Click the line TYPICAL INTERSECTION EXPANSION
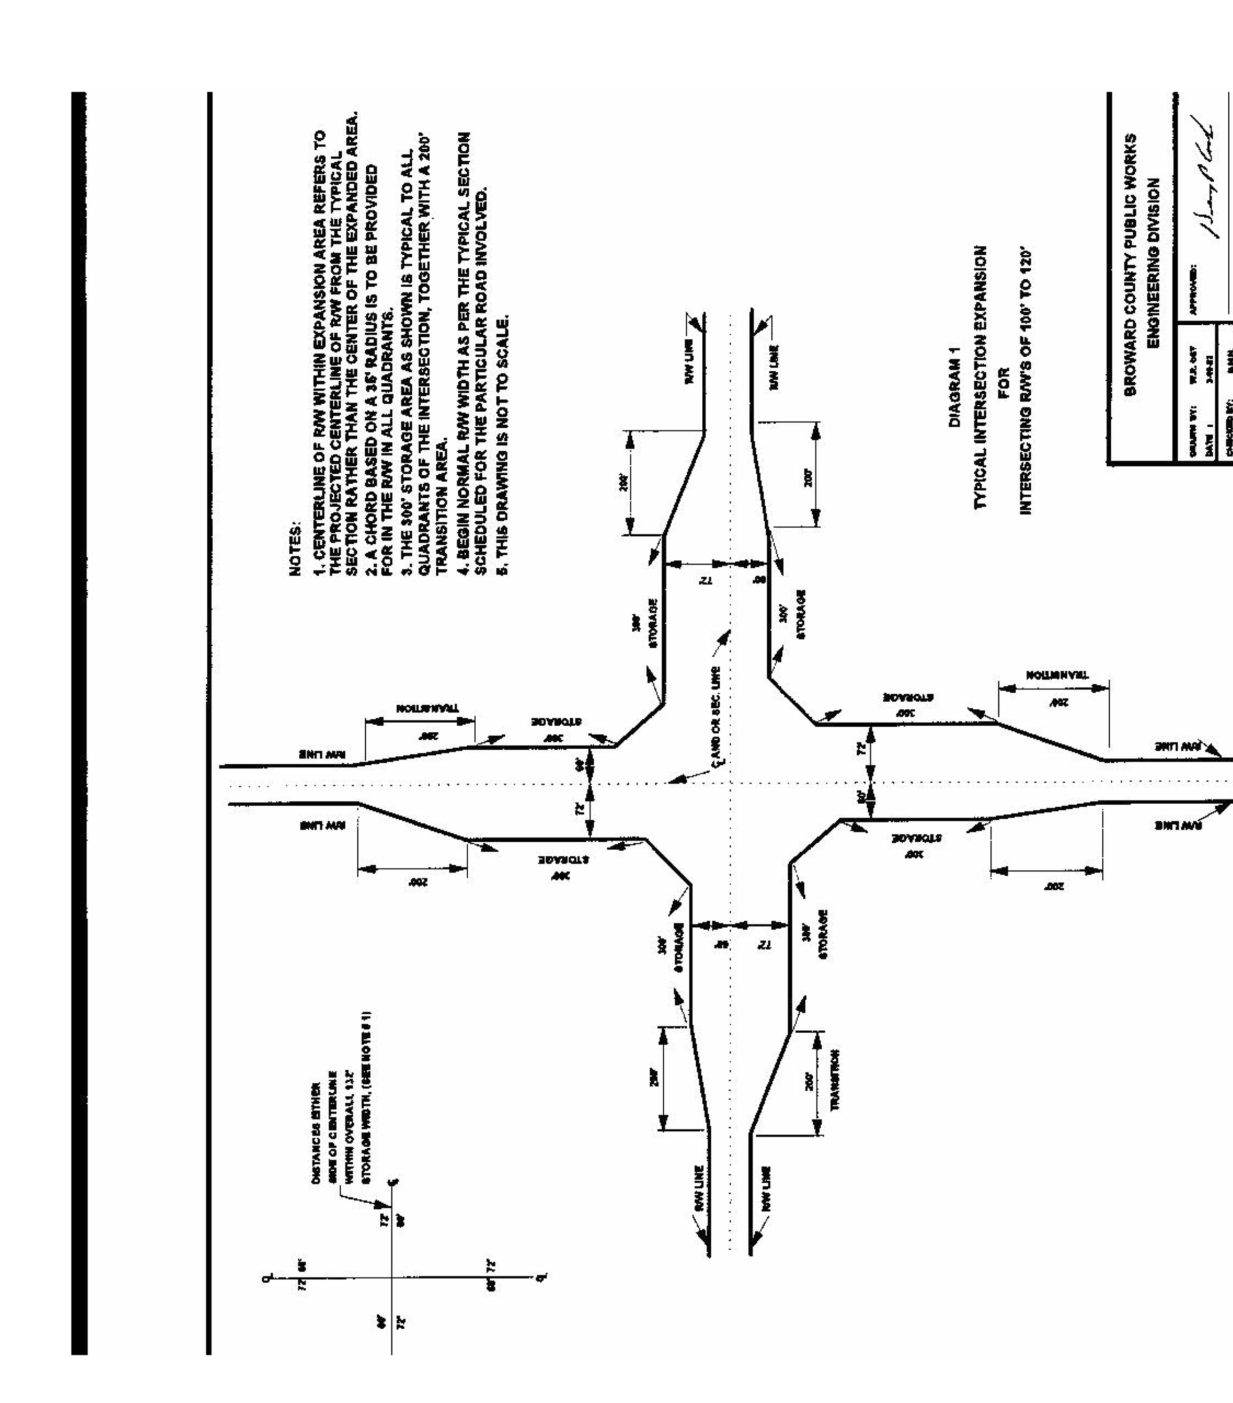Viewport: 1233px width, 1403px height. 981,377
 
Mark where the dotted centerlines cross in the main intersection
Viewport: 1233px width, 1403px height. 730,783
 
